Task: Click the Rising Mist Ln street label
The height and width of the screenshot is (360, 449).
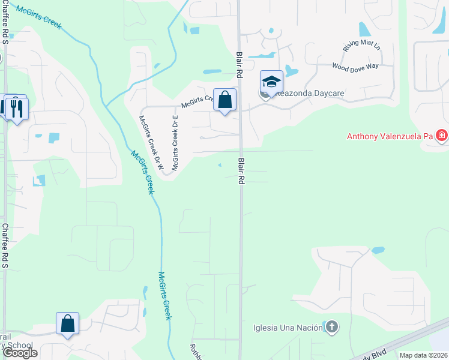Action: pyautogui.click(x=361, y=46)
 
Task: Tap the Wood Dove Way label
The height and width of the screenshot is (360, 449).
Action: pyautogui.click(x=355, y=65)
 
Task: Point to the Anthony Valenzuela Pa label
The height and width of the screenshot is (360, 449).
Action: pyautogui.click(x=390, y=136)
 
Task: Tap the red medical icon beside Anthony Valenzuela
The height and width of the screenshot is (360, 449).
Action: pyautogui.click(x=442, y=136)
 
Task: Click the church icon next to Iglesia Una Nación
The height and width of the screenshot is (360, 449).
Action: pyautogui.click(x=331, y=328)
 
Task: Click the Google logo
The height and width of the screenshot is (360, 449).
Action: pyautogui.click(x=20, y=353)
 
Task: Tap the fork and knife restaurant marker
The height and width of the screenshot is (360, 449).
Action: pyautogui.click(x=16, y=108)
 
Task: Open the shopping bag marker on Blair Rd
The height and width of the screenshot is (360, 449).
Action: pyautogui.click(x=224, y=100)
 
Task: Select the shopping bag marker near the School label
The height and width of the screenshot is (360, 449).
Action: pyautogui.click(x=68, y=323)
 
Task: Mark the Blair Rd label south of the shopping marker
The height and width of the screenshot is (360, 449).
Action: pyautogui.click(x=241, y=171)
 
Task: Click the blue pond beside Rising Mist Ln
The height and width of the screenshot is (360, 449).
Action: pyautogui.click(x=364, y=29)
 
